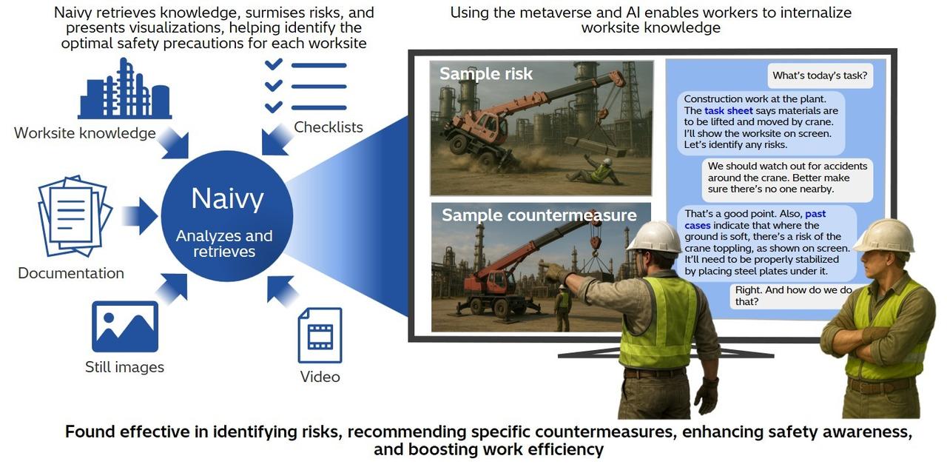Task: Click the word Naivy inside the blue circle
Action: (227, 198)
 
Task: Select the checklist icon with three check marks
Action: (305, 86)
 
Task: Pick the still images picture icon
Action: (124, 326)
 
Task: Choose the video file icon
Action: (320, 335)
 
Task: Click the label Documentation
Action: (71, 273)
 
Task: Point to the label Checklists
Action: (328, 127)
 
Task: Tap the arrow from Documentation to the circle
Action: (139, 216)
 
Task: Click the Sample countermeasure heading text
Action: (539, 215)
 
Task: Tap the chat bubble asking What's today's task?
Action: (819, 75)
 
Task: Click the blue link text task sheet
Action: (728, 111)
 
